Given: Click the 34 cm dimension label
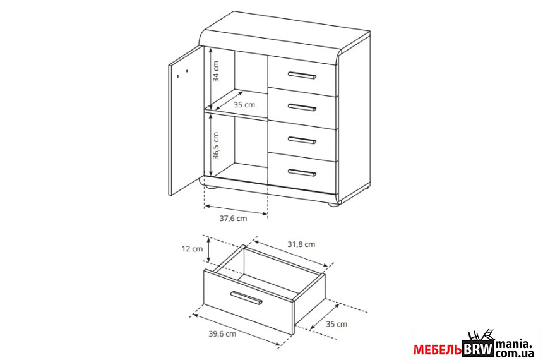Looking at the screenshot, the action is [x=216, y=71].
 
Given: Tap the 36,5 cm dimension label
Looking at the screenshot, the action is [x=216, y=145].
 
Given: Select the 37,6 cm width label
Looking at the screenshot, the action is [x=233, y=219].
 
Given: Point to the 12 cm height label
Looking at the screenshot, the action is [x=192, y=249].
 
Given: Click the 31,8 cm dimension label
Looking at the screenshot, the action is [x=301, y=244].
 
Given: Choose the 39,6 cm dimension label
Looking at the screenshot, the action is [x=222, y=333].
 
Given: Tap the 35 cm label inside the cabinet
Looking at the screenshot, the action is [x=244, y=105].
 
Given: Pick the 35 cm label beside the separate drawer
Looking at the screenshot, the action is [x=337, y=324].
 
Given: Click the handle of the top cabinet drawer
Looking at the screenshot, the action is [x=302, y=75].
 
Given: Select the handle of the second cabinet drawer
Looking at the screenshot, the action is [x=302, y=107].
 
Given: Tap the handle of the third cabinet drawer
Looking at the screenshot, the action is [x=302, y=140].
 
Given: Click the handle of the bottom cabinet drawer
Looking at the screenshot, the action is [x=302, y=172].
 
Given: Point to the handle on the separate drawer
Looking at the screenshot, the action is [x=246, y=298].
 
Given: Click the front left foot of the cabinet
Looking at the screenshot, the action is [x=211, y=188].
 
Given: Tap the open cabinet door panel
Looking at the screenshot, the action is [x=185, y=121].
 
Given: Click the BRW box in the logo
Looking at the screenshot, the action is [x=478, y=349].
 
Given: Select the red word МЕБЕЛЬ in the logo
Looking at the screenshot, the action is [x=438, y=350].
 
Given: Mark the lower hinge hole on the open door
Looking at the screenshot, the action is [x=177, y=76].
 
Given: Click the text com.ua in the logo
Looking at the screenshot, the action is [x=514, y=353].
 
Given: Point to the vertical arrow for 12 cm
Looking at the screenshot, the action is [x=208, y=249].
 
